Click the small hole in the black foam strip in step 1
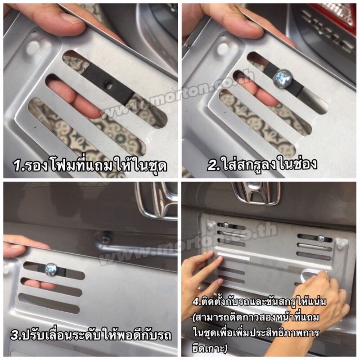[107, 85]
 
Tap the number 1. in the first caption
[19, 165]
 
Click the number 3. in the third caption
[16, 336]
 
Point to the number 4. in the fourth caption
[196, 301]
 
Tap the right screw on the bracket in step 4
[321, 238]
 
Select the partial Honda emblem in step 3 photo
[157, 200]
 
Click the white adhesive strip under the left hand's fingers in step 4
[233, 256]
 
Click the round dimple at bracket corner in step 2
[223, 48]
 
